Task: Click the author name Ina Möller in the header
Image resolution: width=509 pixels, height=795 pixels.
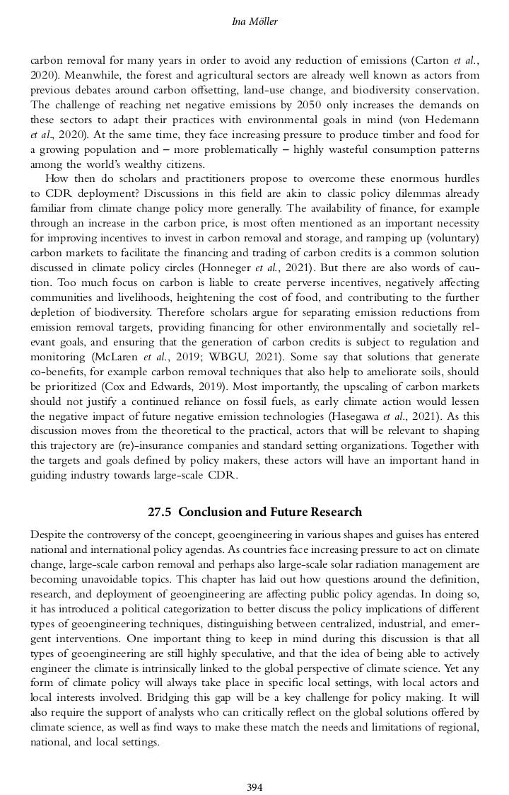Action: tap(255, 22)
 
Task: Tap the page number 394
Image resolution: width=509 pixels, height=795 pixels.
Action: tap(255, 767)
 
